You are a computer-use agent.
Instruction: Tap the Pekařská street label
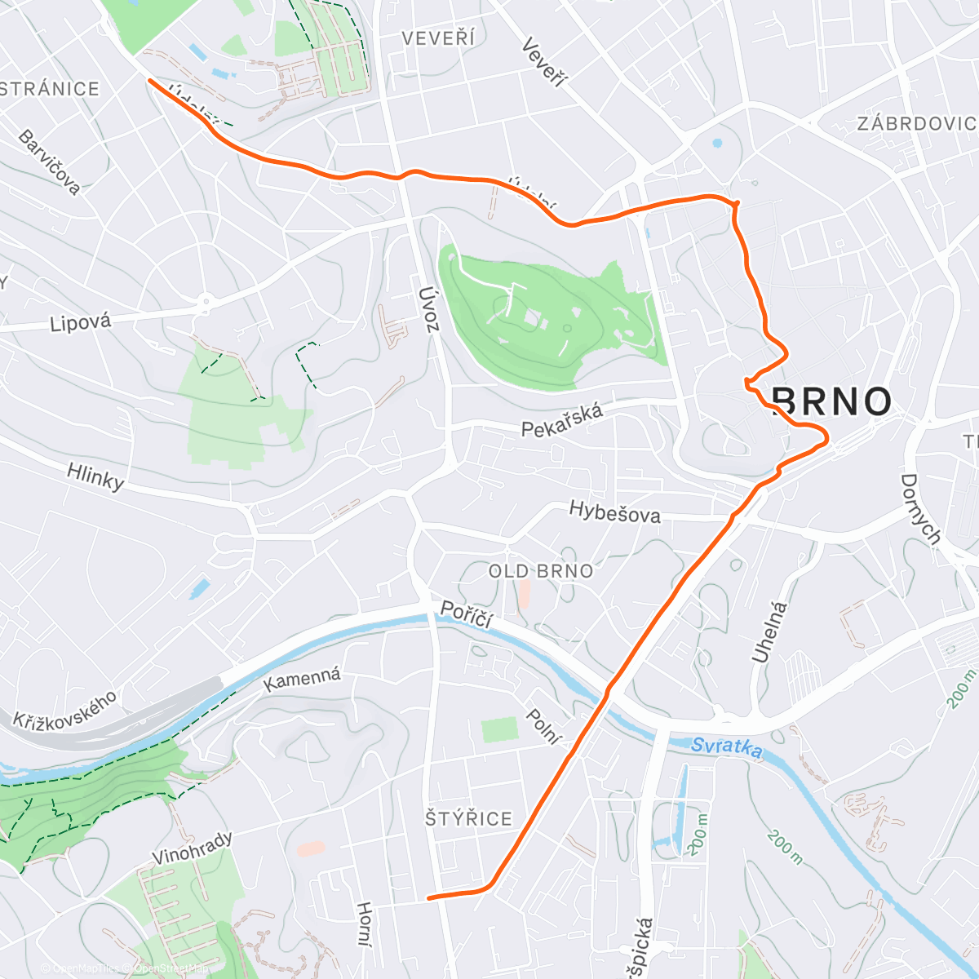coord(563,419)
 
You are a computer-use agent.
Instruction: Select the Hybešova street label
coord(614,512)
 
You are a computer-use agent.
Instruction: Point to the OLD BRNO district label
coord(541,571)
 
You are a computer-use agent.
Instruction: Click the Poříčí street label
coord(467,614)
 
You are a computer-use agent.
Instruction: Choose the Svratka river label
coord(726,747)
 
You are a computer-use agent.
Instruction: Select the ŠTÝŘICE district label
coord(469,818)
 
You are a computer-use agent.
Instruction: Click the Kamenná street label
coord(302,679)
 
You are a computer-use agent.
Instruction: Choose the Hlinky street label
coord(95,476)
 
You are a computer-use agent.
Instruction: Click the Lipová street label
coord(80,322)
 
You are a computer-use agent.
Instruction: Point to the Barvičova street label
coord(50,162)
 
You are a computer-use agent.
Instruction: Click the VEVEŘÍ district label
coord(438,38)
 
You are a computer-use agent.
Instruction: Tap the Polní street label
coord(543,726)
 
